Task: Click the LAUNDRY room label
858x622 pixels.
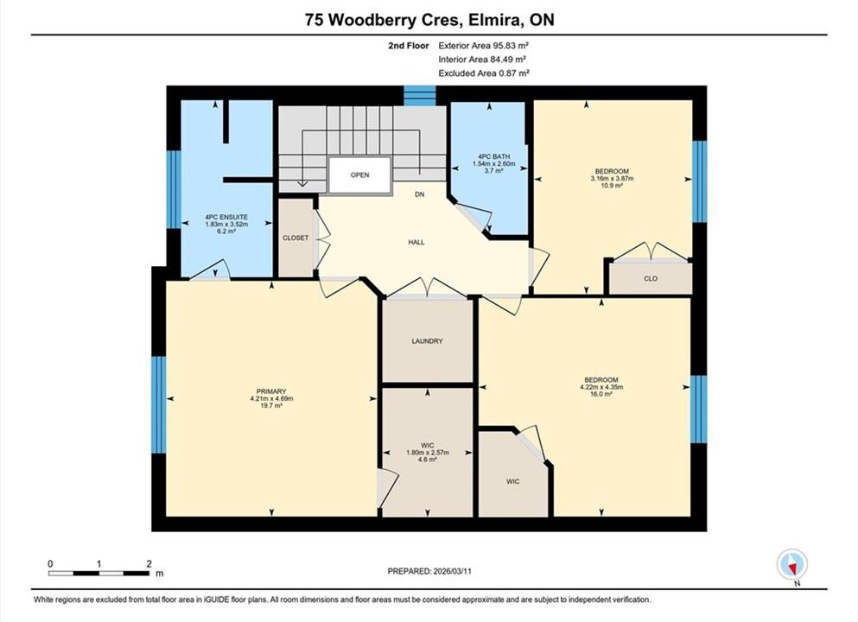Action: click(427, 341)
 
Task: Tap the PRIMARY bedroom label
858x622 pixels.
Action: click(271, 391)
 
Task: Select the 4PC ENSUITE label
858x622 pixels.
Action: click(226, 217)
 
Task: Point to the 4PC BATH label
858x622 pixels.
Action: click(493, 156)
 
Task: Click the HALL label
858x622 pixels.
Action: click(416, 242)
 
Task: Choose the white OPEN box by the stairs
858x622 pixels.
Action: click(360, 175)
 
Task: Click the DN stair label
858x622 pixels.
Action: click(420, 194)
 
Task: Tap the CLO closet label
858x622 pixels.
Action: click(651, 278)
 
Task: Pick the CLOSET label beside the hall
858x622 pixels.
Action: click(296, 238)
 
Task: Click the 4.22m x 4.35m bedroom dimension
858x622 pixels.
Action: click(601, 387)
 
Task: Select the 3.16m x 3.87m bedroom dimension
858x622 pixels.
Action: click(612, 178)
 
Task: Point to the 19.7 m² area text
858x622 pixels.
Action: click(271, 405)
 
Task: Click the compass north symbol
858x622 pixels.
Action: click(791, 565)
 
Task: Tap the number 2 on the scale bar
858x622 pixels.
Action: click(149, 563)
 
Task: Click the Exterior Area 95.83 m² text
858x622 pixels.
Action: click(483, 46)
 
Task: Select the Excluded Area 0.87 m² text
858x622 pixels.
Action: click(484, 73)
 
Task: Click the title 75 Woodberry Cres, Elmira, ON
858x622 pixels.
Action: click(429, 20)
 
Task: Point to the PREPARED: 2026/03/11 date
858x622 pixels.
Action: click(429, 571)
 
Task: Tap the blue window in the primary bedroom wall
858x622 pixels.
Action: click(159, 405)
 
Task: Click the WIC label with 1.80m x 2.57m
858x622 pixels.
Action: click(428, 445)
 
